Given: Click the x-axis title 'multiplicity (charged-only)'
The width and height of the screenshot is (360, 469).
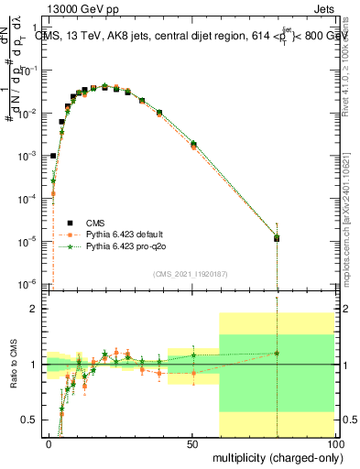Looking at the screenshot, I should pyautogui.click(x=273, y=455).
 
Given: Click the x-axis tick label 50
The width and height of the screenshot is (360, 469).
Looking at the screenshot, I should pyautogui.click(x=191, y=442).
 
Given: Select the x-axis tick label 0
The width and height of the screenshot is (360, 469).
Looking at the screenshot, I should pyautogui.click(x=49, y=442).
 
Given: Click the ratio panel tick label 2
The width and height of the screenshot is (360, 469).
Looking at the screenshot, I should pyautogui.click(x=34, y=309).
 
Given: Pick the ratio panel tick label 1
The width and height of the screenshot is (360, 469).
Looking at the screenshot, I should pyautogui.click(x=34, y=365).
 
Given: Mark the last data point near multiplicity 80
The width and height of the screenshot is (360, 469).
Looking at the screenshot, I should pyautogui.click(x=277, y=238).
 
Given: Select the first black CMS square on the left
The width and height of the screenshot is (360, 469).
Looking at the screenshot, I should pyautogui.click(x=53, y=156).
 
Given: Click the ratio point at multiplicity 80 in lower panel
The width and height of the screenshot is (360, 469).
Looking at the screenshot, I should pyautogui.click(x=277, y=353).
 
